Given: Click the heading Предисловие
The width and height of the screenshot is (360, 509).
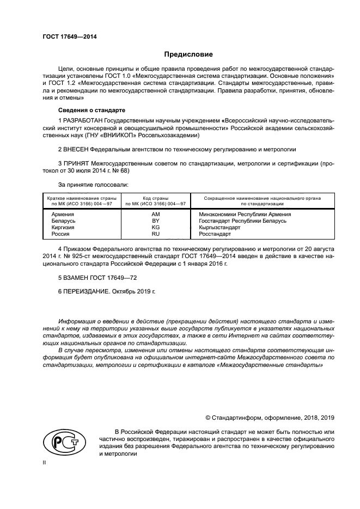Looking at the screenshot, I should coord(188,54).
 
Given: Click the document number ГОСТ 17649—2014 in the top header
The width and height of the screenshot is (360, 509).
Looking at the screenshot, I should coord(65,37).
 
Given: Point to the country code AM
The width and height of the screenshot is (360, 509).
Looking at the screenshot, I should coord(155,214).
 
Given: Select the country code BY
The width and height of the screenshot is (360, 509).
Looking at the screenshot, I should coord(155,221).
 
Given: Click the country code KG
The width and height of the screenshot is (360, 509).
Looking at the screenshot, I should coord(155,227).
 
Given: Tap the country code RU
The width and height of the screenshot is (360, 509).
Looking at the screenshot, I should coord(155,234).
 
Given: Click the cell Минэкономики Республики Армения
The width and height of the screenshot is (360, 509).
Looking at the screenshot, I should coord(245,214).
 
